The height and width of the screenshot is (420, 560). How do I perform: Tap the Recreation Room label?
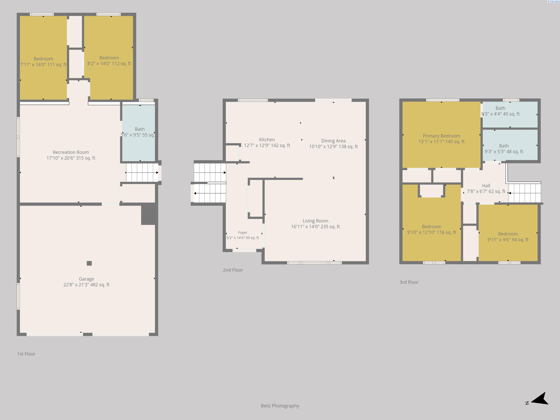71,155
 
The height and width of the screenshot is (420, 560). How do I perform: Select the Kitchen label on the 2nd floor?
267,142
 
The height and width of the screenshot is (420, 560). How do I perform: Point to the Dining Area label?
333,143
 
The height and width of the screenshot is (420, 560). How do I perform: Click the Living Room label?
315,223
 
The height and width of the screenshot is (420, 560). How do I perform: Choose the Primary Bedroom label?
441,139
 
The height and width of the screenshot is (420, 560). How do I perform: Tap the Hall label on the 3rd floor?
486,188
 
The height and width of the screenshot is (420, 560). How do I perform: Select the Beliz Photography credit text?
280,406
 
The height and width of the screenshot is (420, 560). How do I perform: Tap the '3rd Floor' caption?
409,282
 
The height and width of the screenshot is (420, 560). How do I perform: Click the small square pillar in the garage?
89,263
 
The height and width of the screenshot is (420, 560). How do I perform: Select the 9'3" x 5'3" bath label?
504,149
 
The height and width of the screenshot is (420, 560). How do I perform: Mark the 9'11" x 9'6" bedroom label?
508,237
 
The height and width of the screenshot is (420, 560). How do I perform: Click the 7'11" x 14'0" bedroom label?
43,61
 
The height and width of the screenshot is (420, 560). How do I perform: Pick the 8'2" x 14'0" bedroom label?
109,61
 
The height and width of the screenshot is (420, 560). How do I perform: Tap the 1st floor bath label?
140,132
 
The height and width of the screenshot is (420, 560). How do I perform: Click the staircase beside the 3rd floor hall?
525,193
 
